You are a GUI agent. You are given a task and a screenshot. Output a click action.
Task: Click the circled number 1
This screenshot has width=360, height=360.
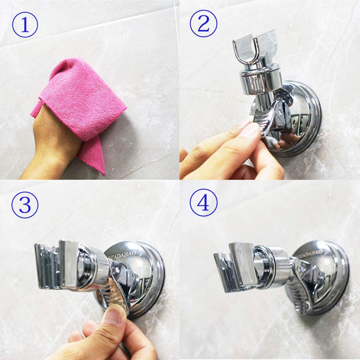25,25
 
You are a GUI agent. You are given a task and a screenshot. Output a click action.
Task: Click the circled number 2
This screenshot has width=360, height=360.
203,25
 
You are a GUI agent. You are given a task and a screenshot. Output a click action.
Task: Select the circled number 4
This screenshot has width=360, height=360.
203,204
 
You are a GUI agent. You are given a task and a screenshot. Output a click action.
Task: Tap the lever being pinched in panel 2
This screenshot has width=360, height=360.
267,120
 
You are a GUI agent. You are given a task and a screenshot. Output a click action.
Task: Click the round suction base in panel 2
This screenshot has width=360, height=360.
300,114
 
